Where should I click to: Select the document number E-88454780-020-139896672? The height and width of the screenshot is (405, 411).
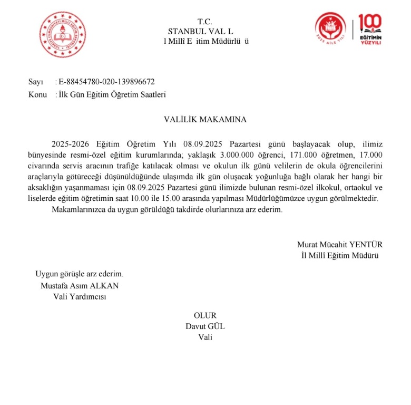tap(107, 82)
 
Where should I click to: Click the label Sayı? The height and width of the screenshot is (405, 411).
tap(35, 82)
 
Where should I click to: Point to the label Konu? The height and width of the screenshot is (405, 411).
tap(37, 95)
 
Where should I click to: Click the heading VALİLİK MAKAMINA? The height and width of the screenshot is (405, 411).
tap(205, 119)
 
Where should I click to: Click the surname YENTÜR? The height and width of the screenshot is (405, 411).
tap(365, 245)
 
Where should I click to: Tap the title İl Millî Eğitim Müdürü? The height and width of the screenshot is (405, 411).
tap(337, 256)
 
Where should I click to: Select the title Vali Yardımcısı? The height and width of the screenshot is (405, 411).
tap(80, 296)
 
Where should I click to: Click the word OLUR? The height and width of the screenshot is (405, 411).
tap(205, 315)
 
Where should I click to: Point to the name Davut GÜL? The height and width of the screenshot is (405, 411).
tap(205, 326)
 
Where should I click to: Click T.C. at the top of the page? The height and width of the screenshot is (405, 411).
tap(204, 22)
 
